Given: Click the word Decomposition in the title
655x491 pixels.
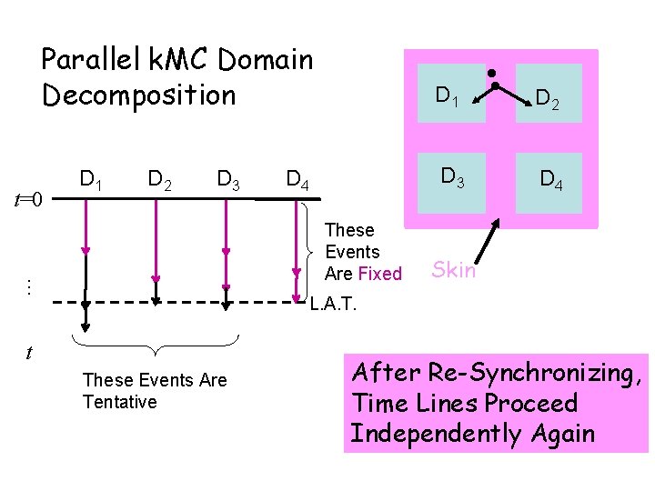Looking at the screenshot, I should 138,95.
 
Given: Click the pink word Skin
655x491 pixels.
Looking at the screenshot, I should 453,269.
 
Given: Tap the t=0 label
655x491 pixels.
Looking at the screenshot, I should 32,199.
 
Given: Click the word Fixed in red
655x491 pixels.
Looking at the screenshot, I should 379,274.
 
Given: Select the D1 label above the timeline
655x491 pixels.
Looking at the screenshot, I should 90,177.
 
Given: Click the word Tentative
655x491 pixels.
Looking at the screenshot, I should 119,402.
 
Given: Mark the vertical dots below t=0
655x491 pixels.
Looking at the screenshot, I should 30,286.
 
